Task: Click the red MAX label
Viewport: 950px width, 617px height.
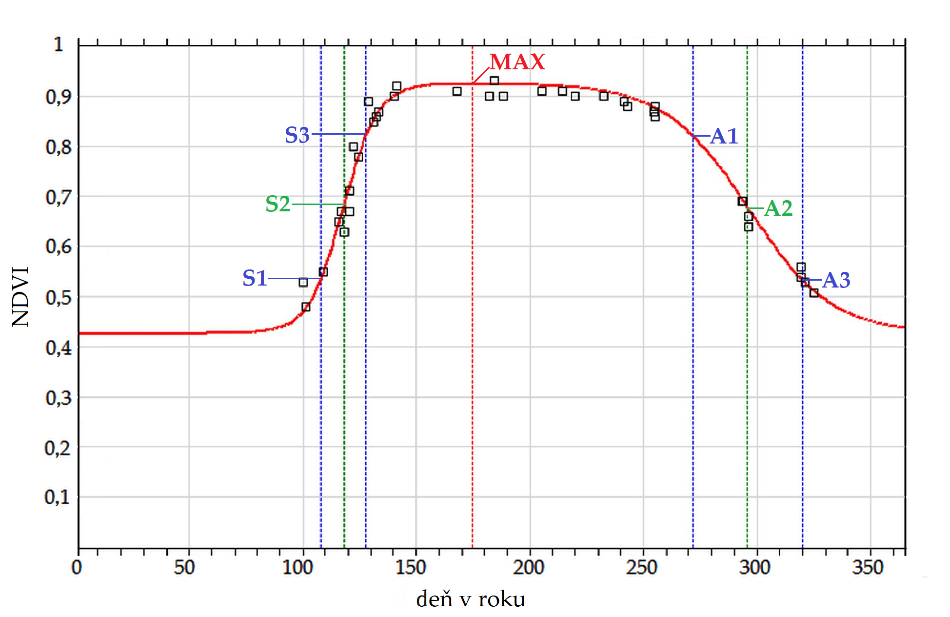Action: [x=517, y=62]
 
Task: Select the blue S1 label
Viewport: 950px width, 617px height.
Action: [x=255, y=278]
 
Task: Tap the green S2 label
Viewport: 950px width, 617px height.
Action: [x=277, y=204]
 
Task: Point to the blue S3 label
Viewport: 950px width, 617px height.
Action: [x=297, y=135]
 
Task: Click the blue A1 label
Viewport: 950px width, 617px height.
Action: [x=724, y=136]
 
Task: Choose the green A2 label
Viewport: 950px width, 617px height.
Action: [x=778, y=208]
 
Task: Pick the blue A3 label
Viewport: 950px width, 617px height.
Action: [x=836, y=280]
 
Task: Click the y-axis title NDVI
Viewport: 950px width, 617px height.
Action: [x=21, y=297]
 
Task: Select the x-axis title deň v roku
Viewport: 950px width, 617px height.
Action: [x=471, y=599]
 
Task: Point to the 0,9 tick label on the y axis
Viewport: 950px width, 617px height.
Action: [x=59, y=97]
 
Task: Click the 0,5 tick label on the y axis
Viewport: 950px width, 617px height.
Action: [x=59, y=297]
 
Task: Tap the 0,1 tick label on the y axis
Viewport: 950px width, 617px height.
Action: [x=58, y=497]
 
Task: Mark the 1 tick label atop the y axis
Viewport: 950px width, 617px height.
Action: [x=59, y=44]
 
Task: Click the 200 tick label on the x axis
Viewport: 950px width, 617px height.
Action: [x=528, y=568]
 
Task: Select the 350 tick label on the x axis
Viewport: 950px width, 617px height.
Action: [x=868, y=568]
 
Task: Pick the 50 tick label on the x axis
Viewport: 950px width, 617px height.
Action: [x=184, y=568]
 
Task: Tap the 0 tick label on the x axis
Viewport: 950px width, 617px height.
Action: [x=77, y=568]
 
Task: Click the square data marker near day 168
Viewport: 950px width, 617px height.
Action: [x=457, y=91]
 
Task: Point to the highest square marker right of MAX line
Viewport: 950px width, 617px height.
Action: [x=495, y=81]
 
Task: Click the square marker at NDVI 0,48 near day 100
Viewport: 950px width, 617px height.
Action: [x=306, y=307]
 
